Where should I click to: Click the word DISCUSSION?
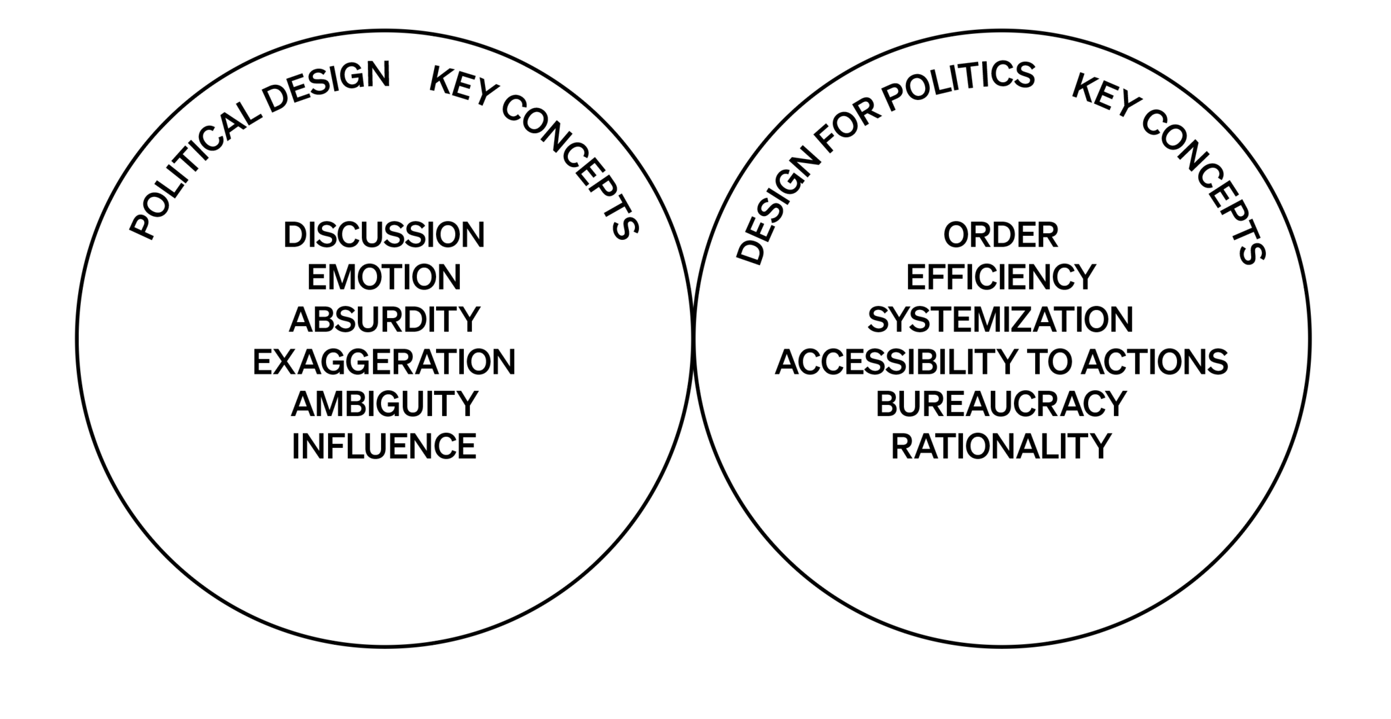(384, 235)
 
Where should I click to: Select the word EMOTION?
(384, 277)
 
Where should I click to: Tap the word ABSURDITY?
(384, 319)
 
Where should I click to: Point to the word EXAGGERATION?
(384, 362)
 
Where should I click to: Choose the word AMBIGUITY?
(384, 404)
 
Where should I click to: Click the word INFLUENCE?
(384, 446)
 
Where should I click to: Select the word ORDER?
(1000, 235)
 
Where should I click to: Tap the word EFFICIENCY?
(1000, 277)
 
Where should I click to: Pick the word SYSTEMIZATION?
(1000, 319)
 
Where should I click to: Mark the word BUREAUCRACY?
(1000, 404)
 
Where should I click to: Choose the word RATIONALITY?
(1000, 446)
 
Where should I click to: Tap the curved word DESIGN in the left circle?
(327, 86)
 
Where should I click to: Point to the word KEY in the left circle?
(462, 88)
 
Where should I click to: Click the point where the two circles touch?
(693, 338)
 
